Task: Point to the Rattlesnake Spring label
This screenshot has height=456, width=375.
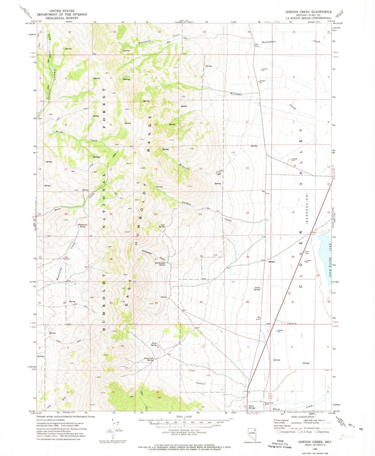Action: pos(160,264)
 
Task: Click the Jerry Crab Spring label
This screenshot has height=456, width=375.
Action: pos(149,359)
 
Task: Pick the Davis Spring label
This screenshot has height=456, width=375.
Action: pos(154,344)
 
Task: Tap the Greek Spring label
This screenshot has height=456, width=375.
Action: pos(257,288)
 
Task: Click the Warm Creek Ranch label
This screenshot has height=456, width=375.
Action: pos(269,403)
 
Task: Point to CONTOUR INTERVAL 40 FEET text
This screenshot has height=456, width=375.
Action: pos(184,430)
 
